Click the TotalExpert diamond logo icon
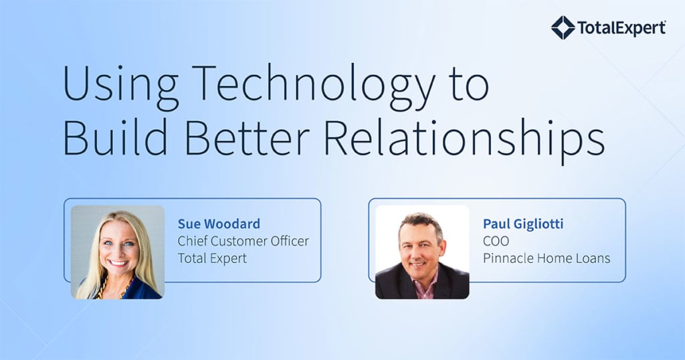coord(563,27)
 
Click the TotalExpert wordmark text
coord(621,28)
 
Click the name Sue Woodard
coord(219,223)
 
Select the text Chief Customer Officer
coord(243,241)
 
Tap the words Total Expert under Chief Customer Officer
coord(212,258)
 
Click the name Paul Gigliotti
coord(523,223)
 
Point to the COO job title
coord(496,241)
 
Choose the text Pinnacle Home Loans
coord(547,258)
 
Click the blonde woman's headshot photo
coord(118,252)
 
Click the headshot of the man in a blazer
coord(422,252)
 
